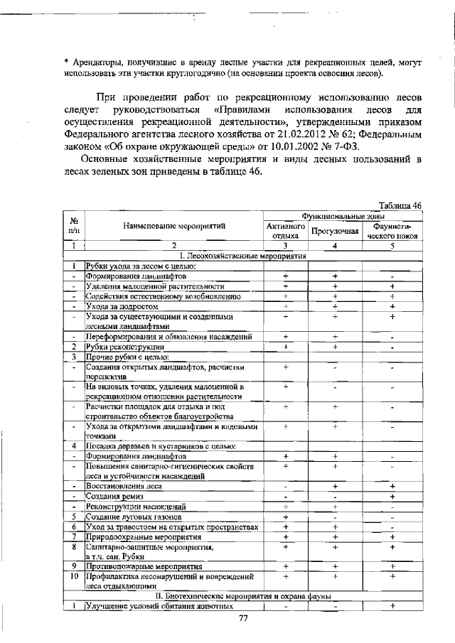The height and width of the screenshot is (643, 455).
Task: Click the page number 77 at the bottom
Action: point(242,619)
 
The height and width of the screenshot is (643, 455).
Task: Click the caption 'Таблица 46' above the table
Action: point(400,205)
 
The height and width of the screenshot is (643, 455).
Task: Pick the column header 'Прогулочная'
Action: point(335,231)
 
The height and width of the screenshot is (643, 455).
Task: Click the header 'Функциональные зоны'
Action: point(343,215)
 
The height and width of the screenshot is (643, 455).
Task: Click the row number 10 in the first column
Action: point(73,576)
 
